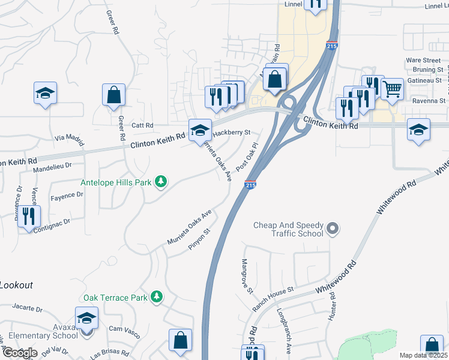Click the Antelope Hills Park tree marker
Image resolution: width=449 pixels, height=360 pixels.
click(x=160, y=181)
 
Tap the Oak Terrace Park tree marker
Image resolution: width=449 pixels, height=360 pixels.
click(x=157, y=296)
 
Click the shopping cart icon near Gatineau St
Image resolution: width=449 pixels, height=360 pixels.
click(x=392, y=89)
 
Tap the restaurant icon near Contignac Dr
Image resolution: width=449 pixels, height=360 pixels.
click(x=29, y=216)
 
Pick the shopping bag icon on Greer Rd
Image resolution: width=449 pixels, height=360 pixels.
click(x=113, y=94)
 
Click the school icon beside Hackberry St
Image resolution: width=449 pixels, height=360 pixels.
click(x=200, y=130)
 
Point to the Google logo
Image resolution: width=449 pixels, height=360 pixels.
click(x=20, y=353)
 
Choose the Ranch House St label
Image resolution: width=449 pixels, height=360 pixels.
click(x=273, y=298)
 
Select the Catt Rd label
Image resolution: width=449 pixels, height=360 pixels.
click(x=143, y=125)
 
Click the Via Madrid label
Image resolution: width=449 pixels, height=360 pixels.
click(x=67, y=137)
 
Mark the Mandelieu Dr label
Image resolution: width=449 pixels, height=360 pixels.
click(x=52, y=164)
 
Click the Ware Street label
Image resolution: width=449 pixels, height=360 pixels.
click(x=423, y=60)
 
